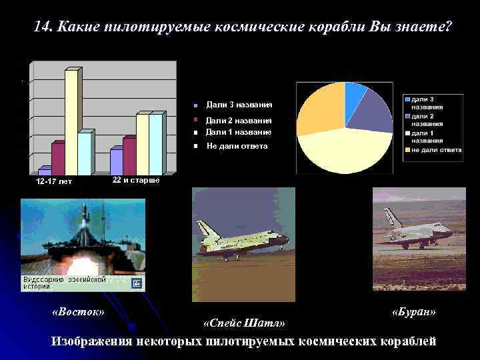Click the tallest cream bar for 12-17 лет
pyautogui.click(x=71, y=120)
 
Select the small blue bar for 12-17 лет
pyautogui.click(x=45, y=171)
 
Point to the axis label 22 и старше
pyautogui.click(x=136, y=180)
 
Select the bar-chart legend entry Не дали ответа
pyautogui.click(x=237, y=145)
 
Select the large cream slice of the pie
pyautogui.click(x=347, y=150)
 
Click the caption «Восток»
pyautogui.click(x=79, y=311)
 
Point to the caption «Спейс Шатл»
pyautogui.click(x=244, y=323)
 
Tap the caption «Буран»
pyautogui.click(x=414, y=311)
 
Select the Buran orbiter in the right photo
pyautogui.click(x=417, y=230)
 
